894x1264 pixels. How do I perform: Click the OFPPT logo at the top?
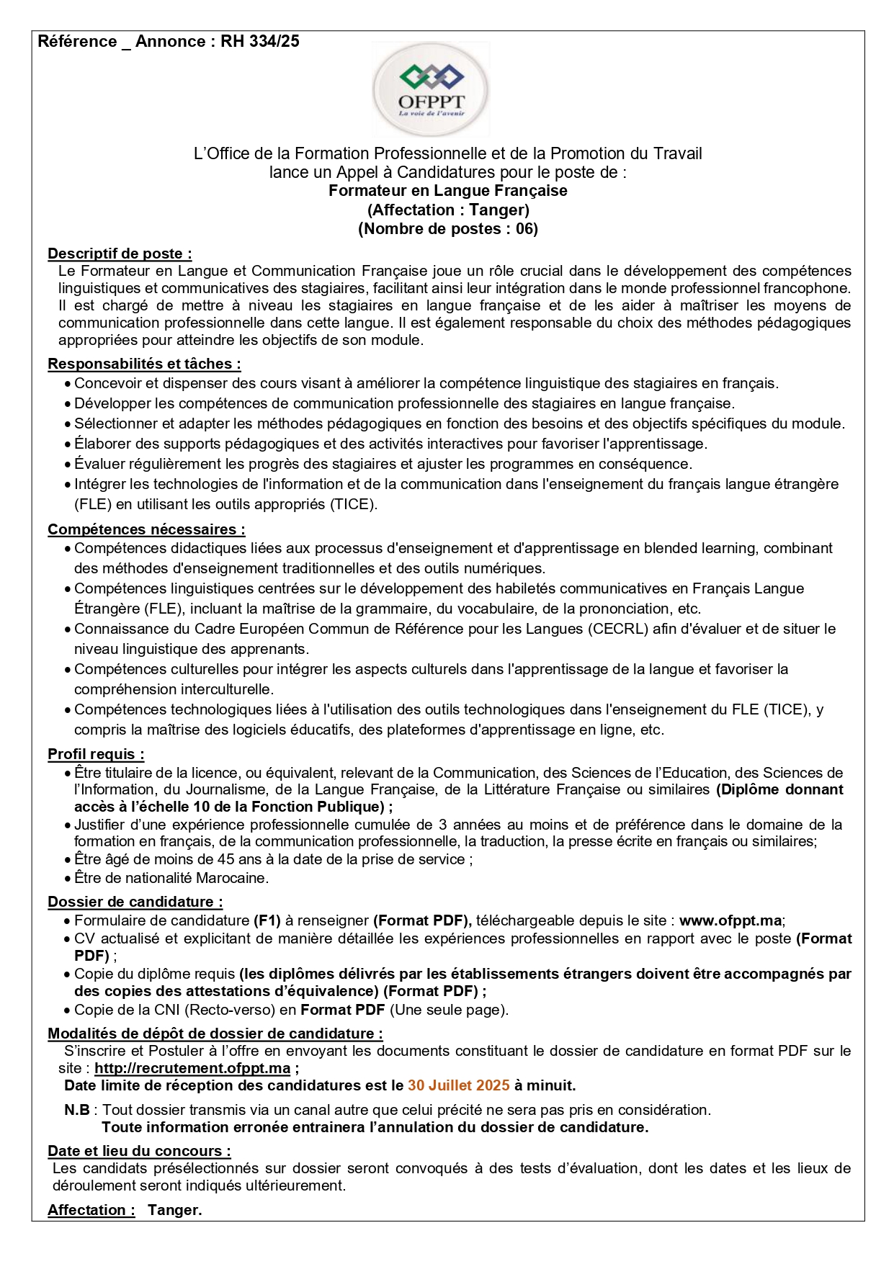coord(431,90)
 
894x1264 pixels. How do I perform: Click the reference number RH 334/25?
coord(260,42)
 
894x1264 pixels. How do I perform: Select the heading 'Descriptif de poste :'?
coord(120,254)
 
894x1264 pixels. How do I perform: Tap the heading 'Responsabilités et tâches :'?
coord(144,364)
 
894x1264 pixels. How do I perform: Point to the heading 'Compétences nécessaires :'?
coord(146,529)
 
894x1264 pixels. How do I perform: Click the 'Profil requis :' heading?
coord(96,754)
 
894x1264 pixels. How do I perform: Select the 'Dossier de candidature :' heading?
coord(135,902)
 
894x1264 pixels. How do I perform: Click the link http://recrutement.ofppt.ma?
coord(192,1068)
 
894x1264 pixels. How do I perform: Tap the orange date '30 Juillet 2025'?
coord(458,1085)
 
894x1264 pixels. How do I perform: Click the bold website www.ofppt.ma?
coord(730,920)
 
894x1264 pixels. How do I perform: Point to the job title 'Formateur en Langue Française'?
coord(447,191)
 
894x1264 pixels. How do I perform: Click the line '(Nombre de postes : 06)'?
coord(447,229)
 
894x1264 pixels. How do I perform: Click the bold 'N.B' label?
coord(77,1110)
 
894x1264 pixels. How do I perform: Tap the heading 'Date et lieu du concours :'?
coord(139,1151)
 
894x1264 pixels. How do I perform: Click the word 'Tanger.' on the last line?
coord(174,1210)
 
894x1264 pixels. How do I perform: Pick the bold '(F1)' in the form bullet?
coord(267,920)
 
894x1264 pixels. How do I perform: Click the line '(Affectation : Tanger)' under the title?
coord(447,210)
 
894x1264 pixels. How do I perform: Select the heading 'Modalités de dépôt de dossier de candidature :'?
coord(215,1034)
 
